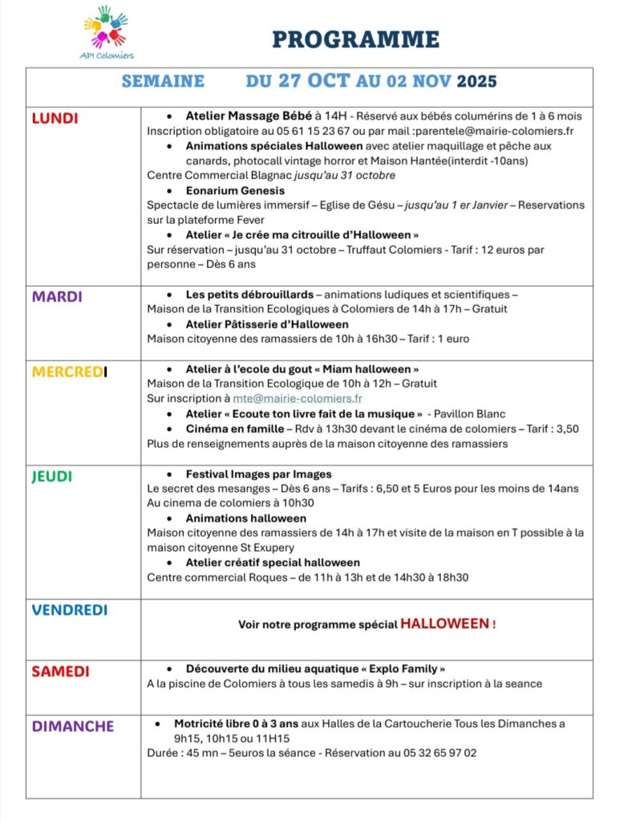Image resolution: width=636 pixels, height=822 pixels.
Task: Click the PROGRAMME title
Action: tap(355, 39)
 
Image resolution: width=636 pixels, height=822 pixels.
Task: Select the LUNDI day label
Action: tap(55, 119)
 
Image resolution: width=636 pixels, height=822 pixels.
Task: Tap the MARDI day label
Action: tap(56, 296)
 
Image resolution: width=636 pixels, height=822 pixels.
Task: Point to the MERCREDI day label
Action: tap(69, 372)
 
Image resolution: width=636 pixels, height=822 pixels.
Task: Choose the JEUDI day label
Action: tap(52, 476)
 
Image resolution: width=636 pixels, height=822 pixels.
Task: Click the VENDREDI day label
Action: tap(69, 610)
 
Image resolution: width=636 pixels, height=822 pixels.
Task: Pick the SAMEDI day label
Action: tap(60, 671)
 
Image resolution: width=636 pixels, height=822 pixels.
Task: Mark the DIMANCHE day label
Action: tap(72, 726)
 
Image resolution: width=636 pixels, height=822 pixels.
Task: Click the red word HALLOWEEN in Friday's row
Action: tap(445, 624)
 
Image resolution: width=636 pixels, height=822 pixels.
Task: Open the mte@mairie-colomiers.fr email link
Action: tap(298, 398)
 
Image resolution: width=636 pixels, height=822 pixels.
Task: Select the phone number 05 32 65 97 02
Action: tap(436, 753)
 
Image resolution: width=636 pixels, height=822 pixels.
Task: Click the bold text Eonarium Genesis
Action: tap(235, 190)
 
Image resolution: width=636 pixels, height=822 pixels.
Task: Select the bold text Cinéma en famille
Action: tap(233, 429)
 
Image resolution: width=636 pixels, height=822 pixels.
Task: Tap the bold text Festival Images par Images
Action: tap(258, 474)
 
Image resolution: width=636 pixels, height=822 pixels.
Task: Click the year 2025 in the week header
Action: tap(476, 81)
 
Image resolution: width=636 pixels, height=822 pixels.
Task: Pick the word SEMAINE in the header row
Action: tap(163, 81)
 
